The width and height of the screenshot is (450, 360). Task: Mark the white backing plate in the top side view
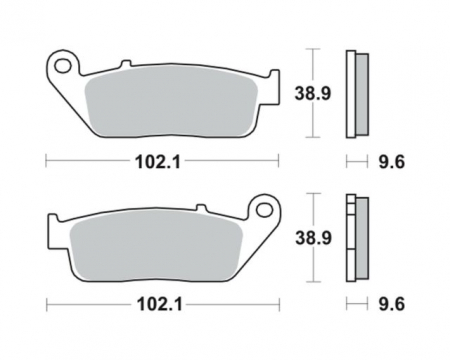click(349, 93)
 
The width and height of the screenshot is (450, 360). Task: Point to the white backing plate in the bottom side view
click(349, 238)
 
